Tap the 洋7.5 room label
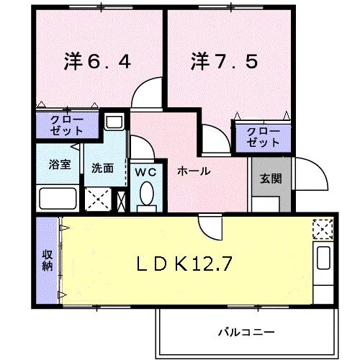(x=223, y=62)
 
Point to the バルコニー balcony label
(x=246, y=332)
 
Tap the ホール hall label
(x=194, y=171)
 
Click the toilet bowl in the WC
(x=148, y=194)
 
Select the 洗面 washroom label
(x=102, y=168)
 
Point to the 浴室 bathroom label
(x=60, y=163)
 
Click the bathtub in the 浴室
(x=58, y=198)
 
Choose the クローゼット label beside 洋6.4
(x=67, y=126)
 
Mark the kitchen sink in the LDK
(x=321, y=258)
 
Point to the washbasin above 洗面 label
(x=113, y=122)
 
